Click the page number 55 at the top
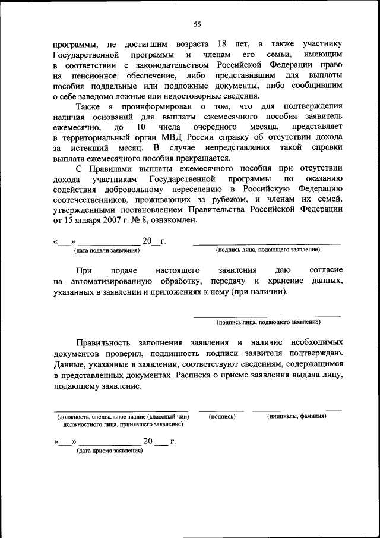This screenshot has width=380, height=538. tap(198, 24)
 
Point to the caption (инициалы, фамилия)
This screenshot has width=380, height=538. tap(296, 417)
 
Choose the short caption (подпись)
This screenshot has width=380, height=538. tap(223, 417)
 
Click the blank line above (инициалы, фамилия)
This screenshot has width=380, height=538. tap(296, 411)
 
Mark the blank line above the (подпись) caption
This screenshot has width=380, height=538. tap(221, 411)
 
